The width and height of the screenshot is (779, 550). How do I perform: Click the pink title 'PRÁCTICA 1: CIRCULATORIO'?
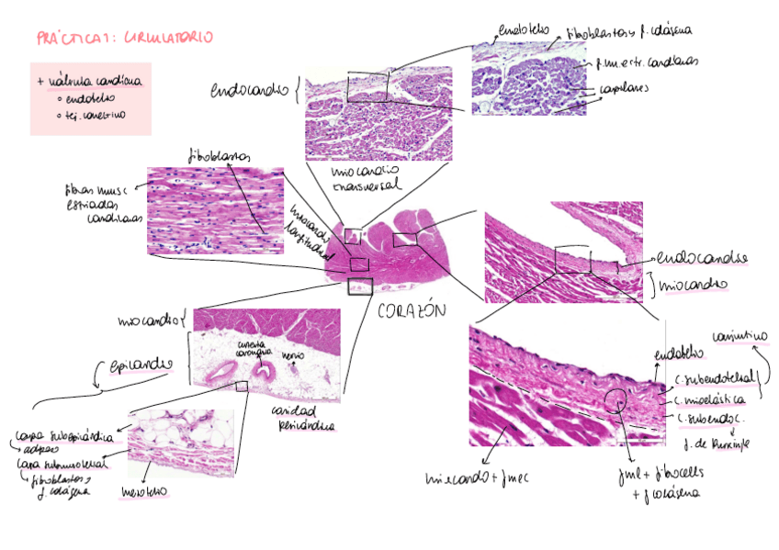coord(124,38)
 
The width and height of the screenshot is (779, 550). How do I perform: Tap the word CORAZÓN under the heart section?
coord(411,310)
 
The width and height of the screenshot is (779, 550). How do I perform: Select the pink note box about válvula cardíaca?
coord(90,98)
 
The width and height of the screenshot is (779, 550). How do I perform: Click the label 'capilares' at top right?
coord(623,89)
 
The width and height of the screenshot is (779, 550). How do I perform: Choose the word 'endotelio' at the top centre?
coord(521,29)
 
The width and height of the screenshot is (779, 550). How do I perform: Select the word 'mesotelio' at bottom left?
coord(145,492)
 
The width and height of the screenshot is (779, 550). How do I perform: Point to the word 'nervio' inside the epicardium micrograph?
coord(293,354)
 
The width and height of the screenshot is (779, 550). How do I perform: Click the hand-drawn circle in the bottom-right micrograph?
coord(615,401)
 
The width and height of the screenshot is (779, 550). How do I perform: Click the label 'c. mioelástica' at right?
coord(710,399)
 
